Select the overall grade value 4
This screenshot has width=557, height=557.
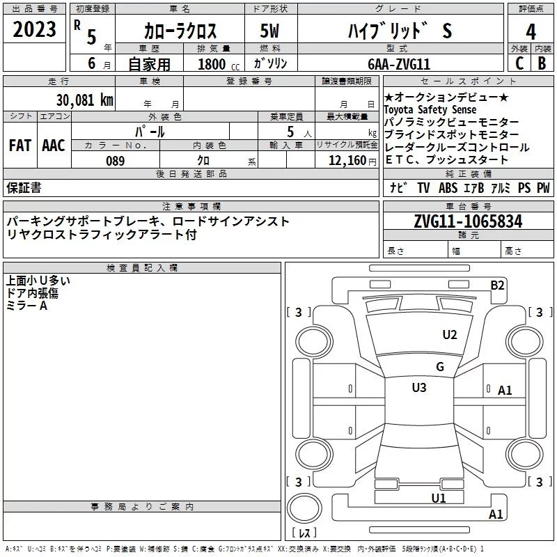(x=531, y=31)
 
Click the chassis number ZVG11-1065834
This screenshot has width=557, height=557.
(x=468, y=221)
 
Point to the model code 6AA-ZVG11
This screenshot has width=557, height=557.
(x=400, y=63)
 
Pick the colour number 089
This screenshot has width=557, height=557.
(x=115, y=161)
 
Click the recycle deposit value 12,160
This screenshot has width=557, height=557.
(x=347, y=161)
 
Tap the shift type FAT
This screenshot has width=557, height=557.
(x=20, y=146)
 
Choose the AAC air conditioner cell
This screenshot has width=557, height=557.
(x=54, y=146)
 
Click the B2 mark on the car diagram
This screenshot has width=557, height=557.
(x=497, y=285)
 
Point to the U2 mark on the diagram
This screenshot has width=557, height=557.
(x=450, y=335)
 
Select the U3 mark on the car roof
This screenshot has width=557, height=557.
(x=419, y=387)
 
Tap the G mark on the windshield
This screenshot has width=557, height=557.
(x=439, y=367)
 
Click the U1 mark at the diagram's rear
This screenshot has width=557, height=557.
(x=438, y=498)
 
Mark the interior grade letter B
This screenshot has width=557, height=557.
(x=542, y=63)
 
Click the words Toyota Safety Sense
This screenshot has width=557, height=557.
(x=430, y=110)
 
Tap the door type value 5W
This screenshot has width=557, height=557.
(x=269, y=31)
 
